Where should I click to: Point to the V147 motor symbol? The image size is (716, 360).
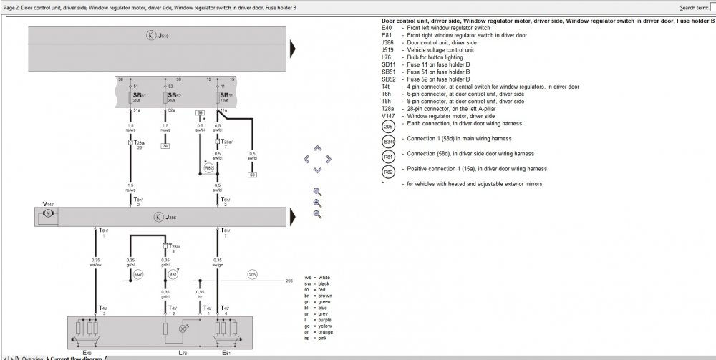coord(48,213)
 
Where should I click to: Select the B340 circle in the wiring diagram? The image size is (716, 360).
coord(139,274)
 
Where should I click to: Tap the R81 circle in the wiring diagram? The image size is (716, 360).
coord(173,274)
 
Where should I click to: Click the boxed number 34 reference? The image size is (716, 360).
coord(165,145)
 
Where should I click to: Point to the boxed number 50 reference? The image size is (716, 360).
coord(252,174)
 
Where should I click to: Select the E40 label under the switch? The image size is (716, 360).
coord(87,353)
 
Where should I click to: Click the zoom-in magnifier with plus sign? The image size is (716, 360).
coord(317,203)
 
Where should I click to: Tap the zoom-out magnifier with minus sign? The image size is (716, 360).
coord(317,214)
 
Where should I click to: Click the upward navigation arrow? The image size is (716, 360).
coord(317,149)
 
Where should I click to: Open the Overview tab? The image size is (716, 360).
coord(32,356)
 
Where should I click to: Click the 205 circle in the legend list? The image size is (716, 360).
coord(388,126)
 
